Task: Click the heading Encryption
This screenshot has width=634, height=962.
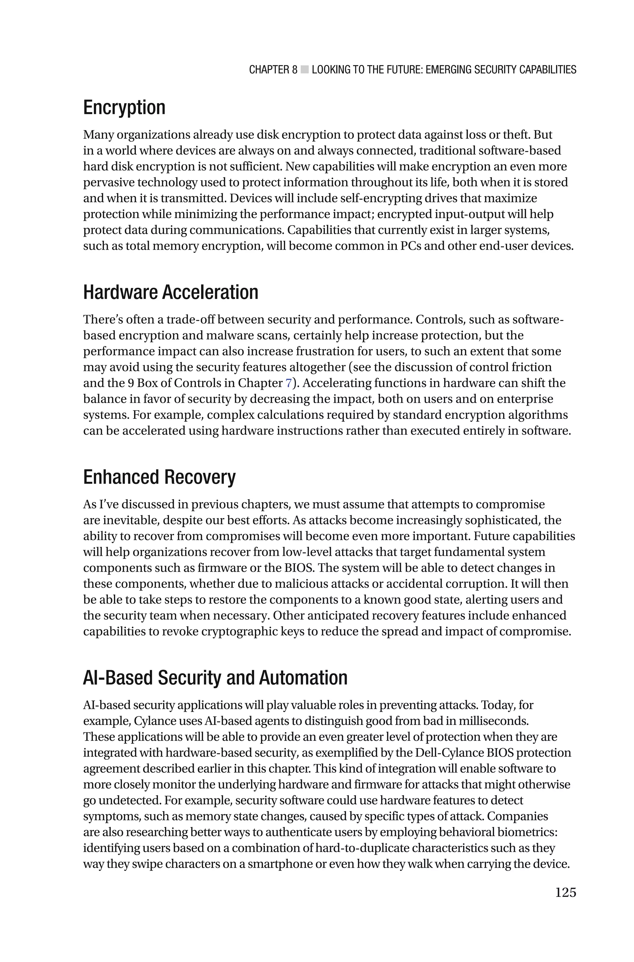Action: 124,108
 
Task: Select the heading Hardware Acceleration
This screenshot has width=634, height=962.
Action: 171,292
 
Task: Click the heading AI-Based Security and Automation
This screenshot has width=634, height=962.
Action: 215,678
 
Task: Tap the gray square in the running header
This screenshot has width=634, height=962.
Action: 305,70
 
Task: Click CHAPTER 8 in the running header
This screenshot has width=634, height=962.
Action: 273,70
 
